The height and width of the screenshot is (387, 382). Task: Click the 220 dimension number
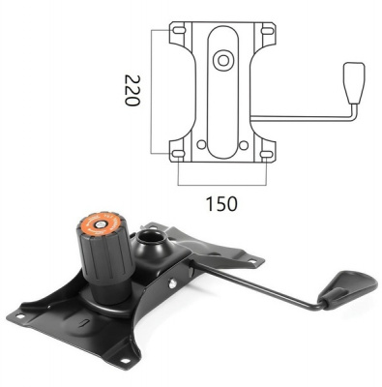132,91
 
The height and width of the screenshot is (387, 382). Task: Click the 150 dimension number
221,204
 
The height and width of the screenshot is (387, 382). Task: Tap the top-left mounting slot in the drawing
179,30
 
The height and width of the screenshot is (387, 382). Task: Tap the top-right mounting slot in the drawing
267,31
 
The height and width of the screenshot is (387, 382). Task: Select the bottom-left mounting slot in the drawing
178,154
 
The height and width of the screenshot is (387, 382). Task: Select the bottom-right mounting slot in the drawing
266,154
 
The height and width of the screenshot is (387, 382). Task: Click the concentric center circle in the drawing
223,60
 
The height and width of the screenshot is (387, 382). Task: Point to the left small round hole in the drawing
201,145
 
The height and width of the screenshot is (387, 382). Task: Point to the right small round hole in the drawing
244,145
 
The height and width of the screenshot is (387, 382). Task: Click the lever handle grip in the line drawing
354,82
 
